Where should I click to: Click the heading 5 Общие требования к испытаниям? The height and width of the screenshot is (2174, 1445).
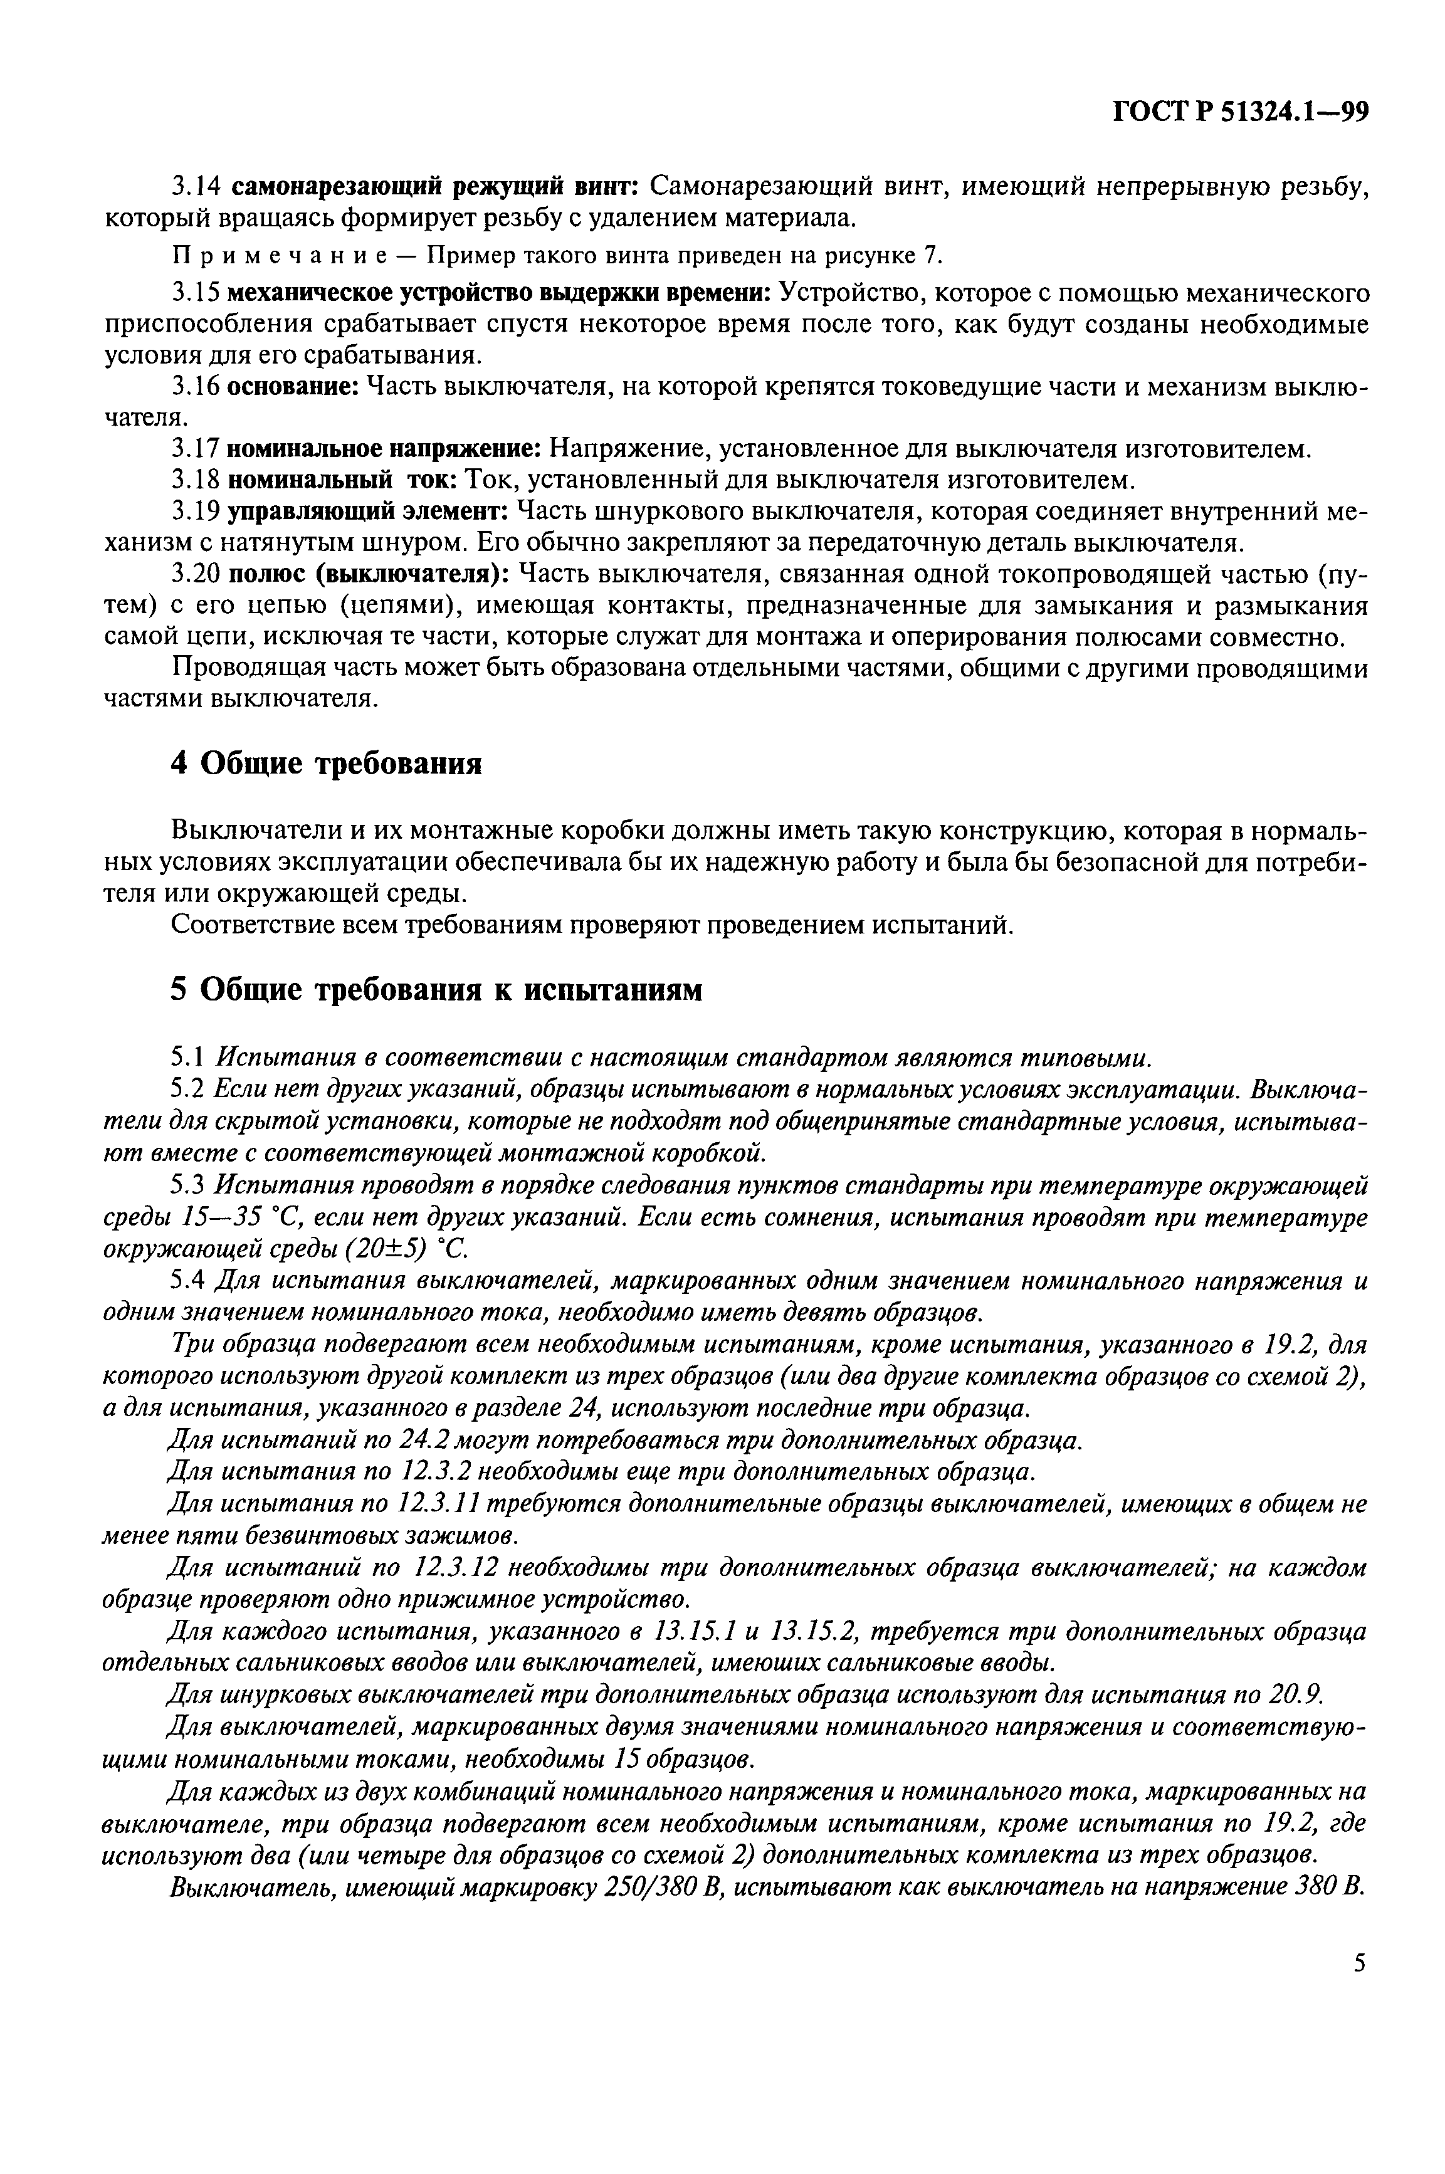pos(437,989)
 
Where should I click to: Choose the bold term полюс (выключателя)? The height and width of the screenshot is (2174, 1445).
pos(368,574)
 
